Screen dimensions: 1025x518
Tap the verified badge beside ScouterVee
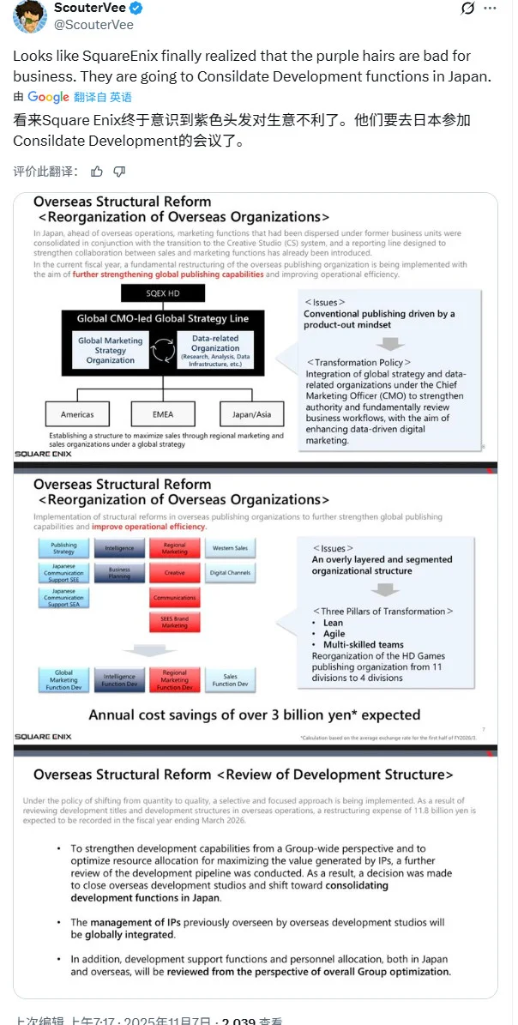136,9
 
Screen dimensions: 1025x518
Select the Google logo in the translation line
48,97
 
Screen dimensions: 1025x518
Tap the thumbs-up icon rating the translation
97,172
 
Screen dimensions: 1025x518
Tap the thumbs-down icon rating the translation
119,172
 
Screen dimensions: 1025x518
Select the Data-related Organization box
215,349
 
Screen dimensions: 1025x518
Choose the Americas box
78,414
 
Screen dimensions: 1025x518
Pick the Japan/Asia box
251,414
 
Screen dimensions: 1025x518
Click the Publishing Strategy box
63,547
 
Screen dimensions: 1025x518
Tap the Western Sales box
231,547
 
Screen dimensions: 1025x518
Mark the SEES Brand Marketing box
174,623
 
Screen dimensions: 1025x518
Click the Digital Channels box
231,572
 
